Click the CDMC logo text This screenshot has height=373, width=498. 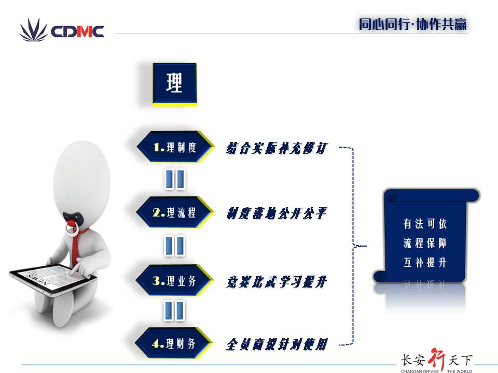(x=77, y=32)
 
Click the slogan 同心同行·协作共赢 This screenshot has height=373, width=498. (x=413, y=24)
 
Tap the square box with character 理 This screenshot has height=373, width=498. (x=175, y=84)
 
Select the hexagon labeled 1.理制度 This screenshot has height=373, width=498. (x=175, y=147)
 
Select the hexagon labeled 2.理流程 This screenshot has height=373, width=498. (x=175, y=212)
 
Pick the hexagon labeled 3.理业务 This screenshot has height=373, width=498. (x=174, y=280)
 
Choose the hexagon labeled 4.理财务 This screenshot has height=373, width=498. (x=174, y=343)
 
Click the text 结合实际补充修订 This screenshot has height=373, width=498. (x=276, y=148)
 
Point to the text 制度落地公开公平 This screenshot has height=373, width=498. (x=276, y=213)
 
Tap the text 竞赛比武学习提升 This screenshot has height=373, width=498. (x=276, y=282)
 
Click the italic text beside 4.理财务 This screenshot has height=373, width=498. (x=276, y=345)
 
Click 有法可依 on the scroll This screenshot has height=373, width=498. (x=425, y=224)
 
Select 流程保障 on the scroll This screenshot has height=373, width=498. (x=425, y=243)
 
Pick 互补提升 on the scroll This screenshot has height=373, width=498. (x=425, y=263)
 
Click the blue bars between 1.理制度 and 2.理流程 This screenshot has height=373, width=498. (x=175, y=180)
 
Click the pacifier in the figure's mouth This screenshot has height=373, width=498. (x=73, y=221)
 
